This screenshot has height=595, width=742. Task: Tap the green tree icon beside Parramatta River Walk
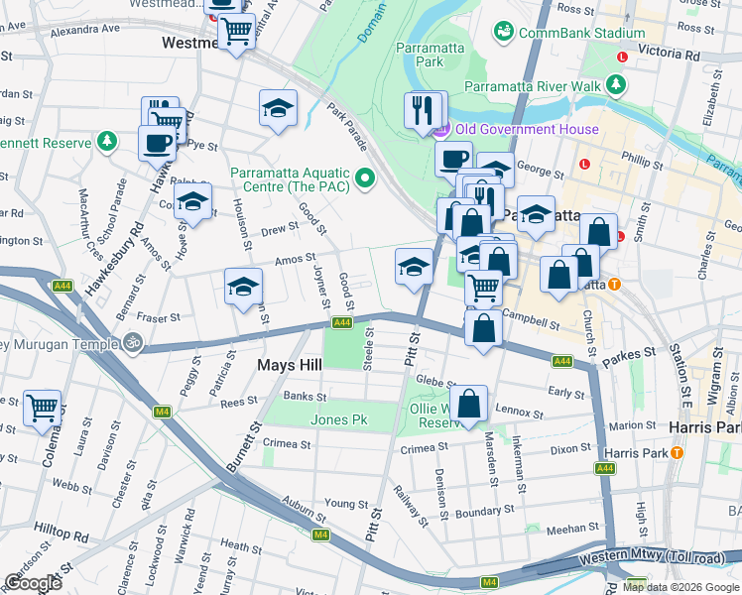618,85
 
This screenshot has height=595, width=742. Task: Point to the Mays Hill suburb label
290,365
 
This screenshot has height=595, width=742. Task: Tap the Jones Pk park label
338,419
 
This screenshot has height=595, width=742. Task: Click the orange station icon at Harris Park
678,452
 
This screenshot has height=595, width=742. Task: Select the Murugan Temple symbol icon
133,343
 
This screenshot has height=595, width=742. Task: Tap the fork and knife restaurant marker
424,109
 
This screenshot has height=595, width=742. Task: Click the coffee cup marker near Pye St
157,144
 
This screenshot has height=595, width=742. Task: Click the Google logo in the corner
34,583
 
